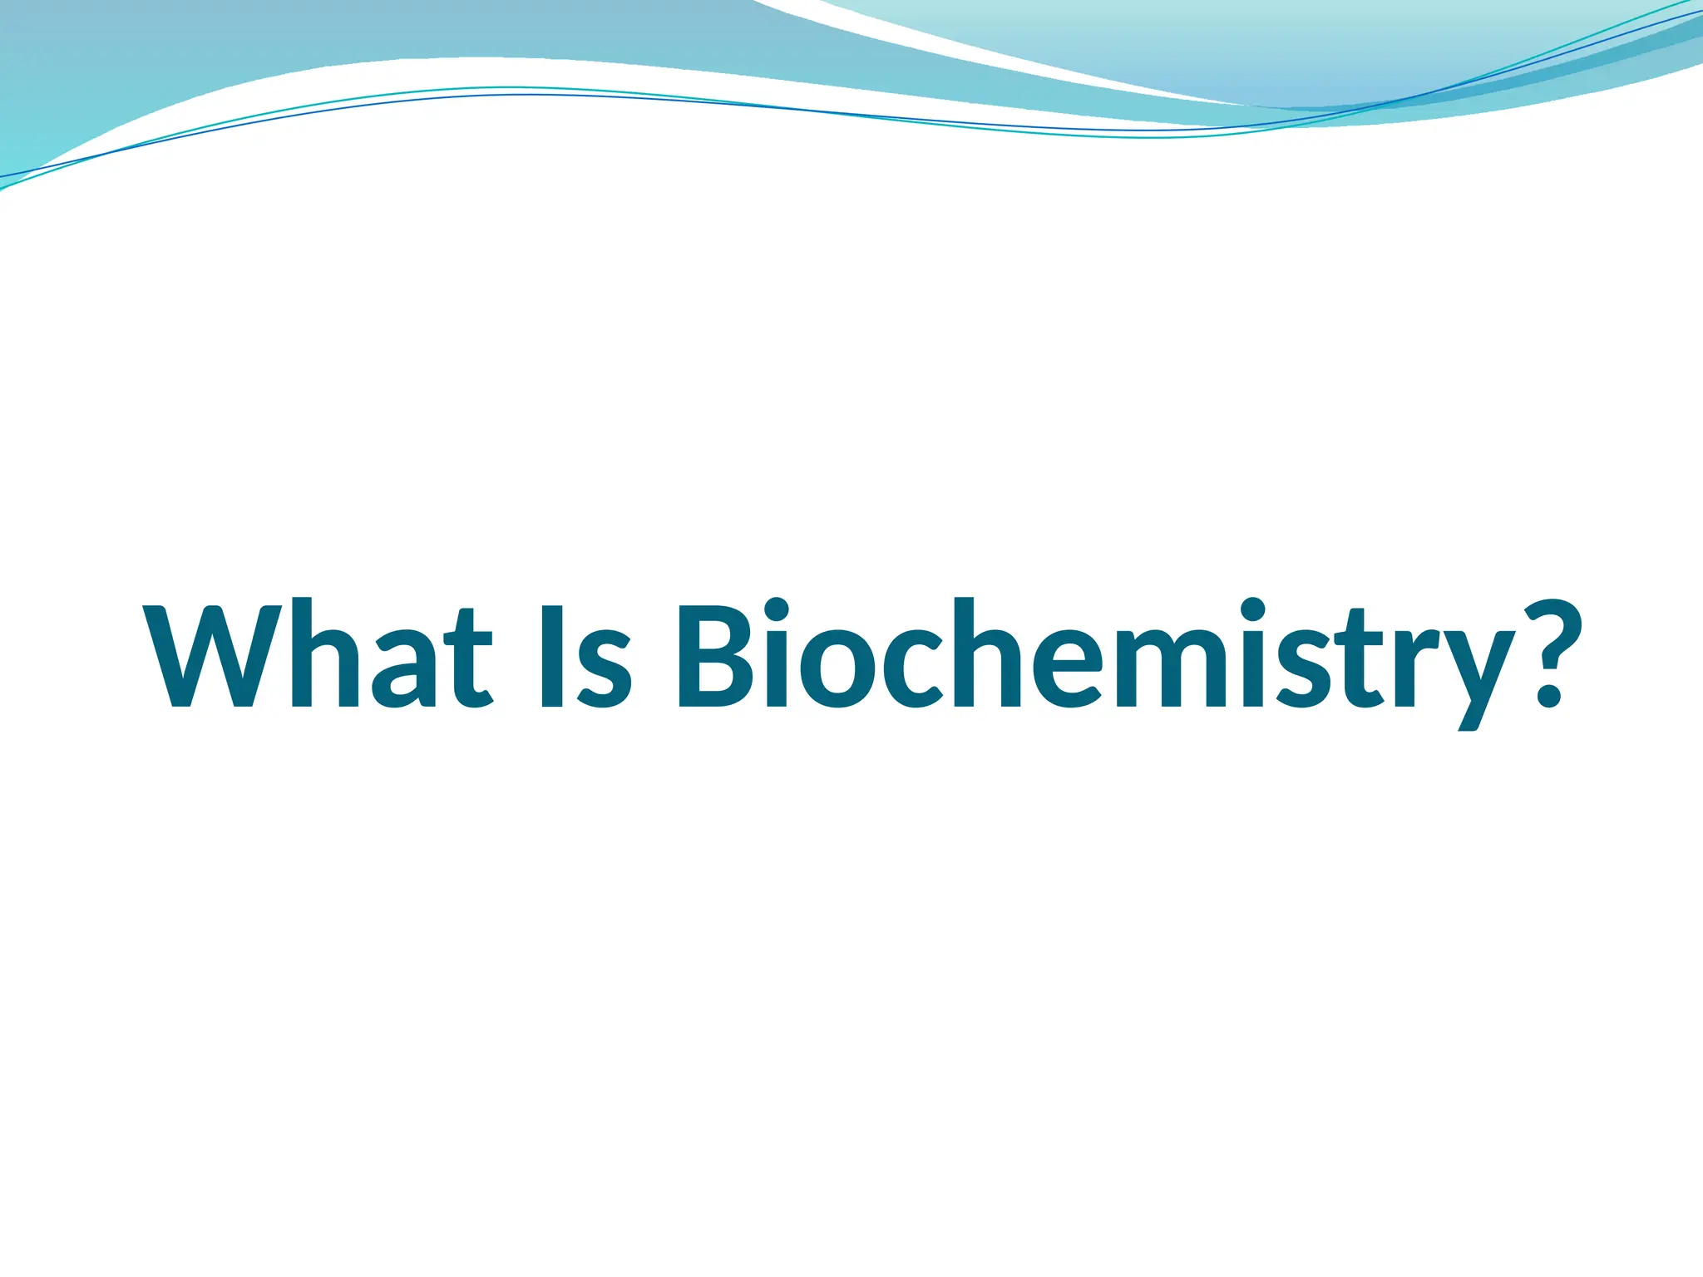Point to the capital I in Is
click(x=553, y=654)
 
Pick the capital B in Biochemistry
click(x=715, y=654)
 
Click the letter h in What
click(x=325, y=654)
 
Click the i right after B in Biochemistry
click(x=776, y=654)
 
